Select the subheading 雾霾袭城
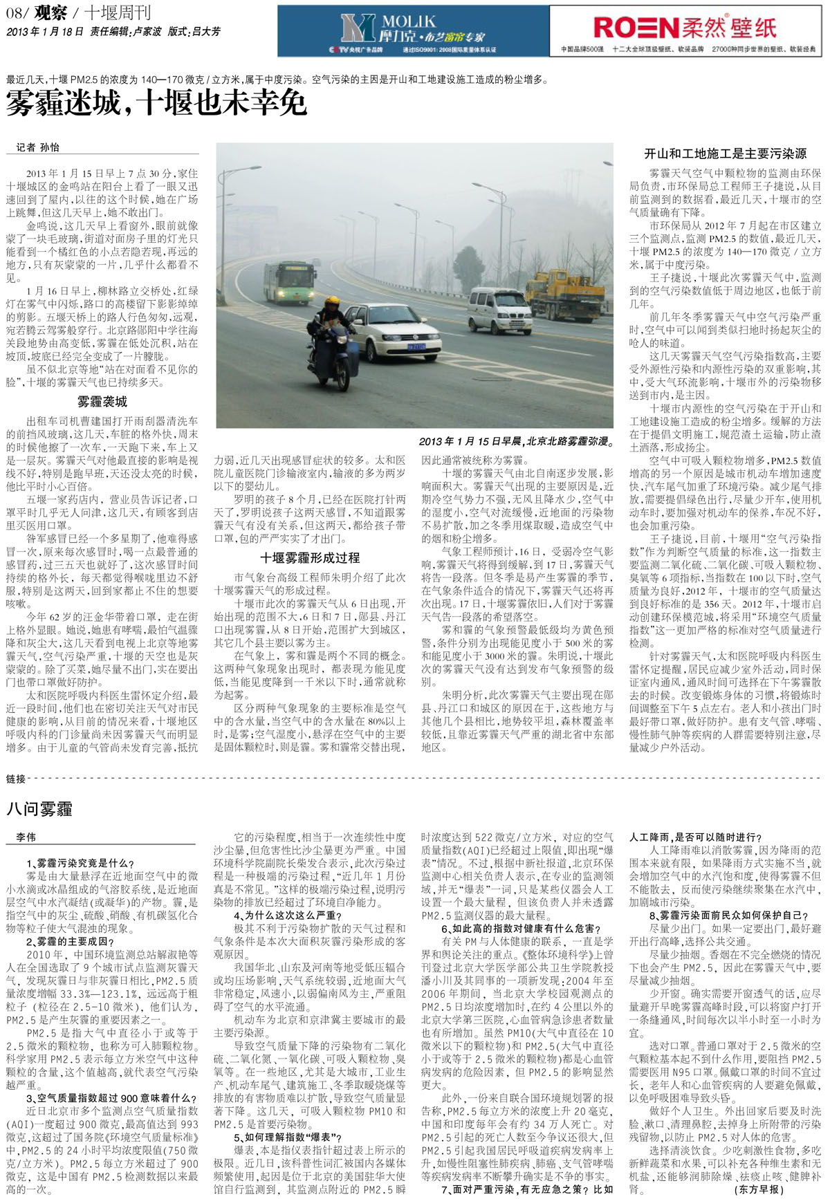pos(102,401)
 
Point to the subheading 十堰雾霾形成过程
pos(310,557)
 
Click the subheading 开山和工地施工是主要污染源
pos(725,154)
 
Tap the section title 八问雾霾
pos(39,808)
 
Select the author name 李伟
pos(26,837)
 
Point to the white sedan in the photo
pos(391,331)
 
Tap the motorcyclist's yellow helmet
pos(332,302)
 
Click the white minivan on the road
pos(490,309)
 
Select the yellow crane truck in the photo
pos(564,295)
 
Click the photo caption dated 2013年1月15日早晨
pos(516,441)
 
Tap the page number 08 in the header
pos(15,13)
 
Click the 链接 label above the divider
pos(16,779)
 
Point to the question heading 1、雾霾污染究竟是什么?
pos(80,863)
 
